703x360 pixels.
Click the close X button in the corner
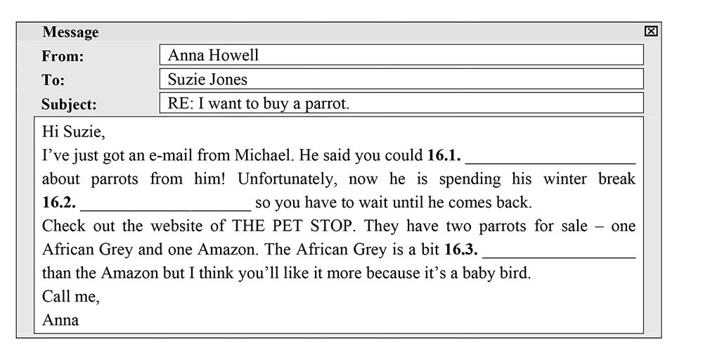(650, 31)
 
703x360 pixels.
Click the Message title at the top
(70, 32)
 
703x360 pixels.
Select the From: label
(63, 56)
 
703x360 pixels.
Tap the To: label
(53, 80)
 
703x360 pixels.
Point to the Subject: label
(69, 105)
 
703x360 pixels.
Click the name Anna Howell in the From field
(214, 55)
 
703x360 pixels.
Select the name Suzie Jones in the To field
(207, 79)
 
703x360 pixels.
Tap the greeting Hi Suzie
(74, 131)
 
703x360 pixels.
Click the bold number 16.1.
(444, 155)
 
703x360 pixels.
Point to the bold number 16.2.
(59, 202)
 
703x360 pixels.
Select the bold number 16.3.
(461, 250)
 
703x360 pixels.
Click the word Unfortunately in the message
(286, 179)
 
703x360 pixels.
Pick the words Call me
(71, 296)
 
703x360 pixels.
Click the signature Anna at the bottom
(60, 320)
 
